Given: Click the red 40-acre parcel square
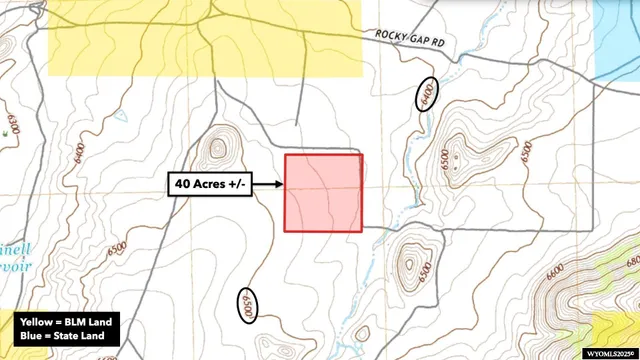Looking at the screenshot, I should pos(323,193).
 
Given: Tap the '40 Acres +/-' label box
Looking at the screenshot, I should pos(212,184).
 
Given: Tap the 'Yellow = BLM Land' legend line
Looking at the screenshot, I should pos(68,322).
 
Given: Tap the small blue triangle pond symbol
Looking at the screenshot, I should pos(121,115).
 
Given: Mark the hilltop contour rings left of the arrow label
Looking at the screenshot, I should pos(218,149).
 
